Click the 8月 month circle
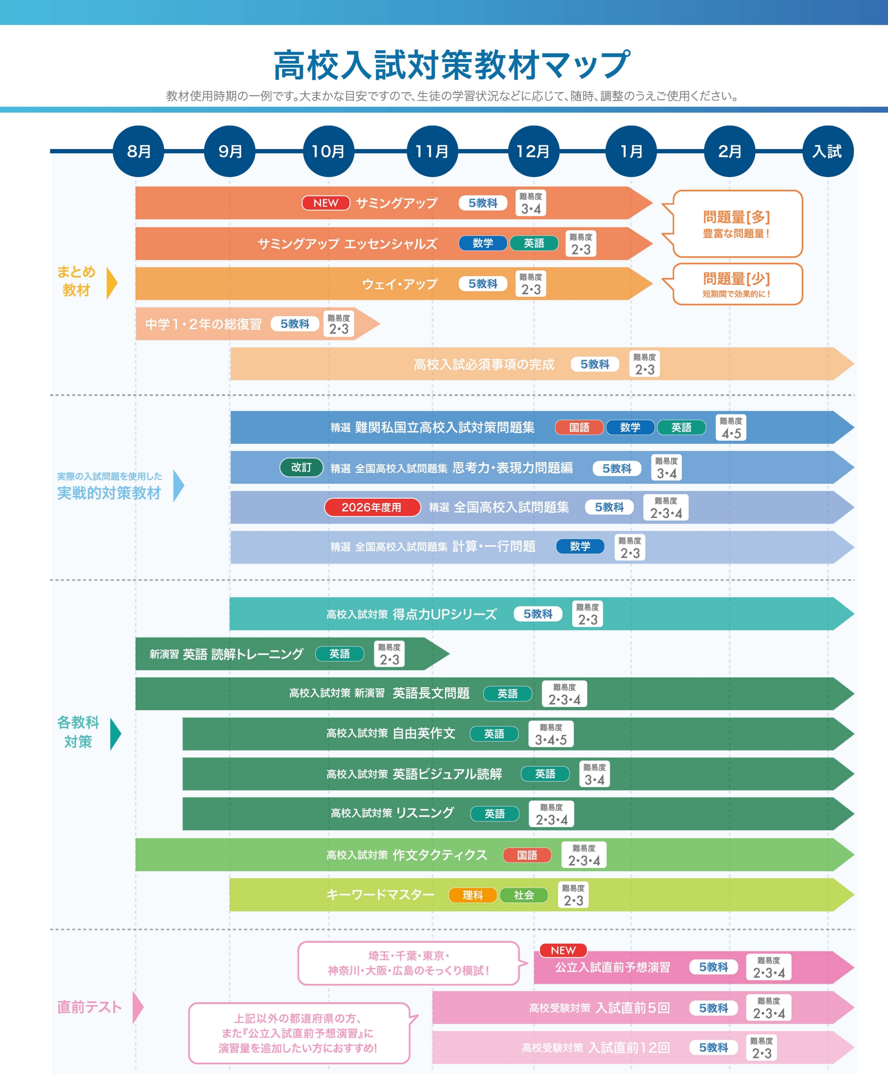coord(138,151)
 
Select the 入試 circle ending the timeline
coord(828,151)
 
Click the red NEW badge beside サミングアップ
coord(325,203)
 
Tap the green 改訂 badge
coord(301,467)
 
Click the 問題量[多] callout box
coord(737,223)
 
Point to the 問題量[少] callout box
coord(737,284)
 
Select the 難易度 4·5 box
coord(731,427)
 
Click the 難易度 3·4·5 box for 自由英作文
coord(551,734)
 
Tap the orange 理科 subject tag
coord(473,895)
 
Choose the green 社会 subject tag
coord(524,895)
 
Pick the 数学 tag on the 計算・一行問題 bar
coord(580,546)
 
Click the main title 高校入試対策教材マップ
coord(452,65)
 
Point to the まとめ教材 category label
coord(77,281)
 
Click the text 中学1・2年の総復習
coord(203,324)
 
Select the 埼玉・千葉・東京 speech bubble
coord(409,963)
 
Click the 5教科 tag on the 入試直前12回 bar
coord(713,1047)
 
